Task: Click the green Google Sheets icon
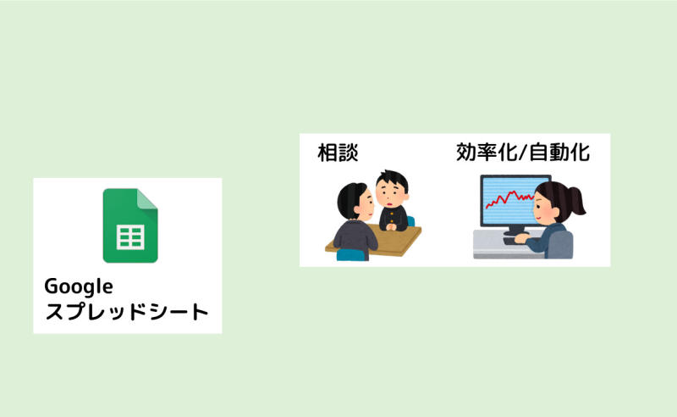click(130, 225)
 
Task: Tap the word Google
click(79, 286)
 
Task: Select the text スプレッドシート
click(127, 312)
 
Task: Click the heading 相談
click(338, 153)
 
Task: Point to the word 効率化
click(486, 153)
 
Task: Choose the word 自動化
click(559, 153)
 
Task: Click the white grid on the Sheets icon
click(130, 237)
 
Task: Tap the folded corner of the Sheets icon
click(147, 199)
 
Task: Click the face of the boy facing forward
click(390, 194)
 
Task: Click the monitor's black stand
click(515, 231)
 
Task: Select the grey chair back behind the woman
click(561, 245)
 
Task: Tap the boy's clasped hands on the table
click(391, 225)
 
